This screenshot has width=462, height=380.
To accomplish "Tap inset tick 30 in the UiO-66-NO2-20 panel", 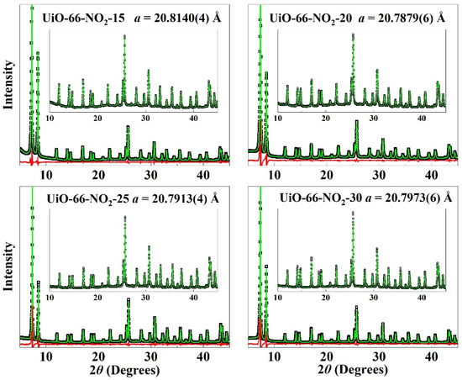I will [x=375, y=119].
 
